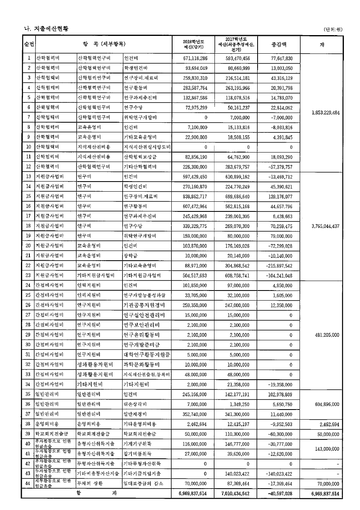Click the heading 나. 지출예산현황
46,29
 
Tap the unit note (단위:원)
333,29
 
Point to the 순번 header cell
29,44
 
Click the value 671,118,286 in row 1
195,58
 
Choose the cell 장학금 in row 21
131,256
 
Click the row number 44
29,483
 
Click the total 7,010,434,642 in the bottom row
235,493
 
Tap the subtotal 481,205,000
325,335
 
